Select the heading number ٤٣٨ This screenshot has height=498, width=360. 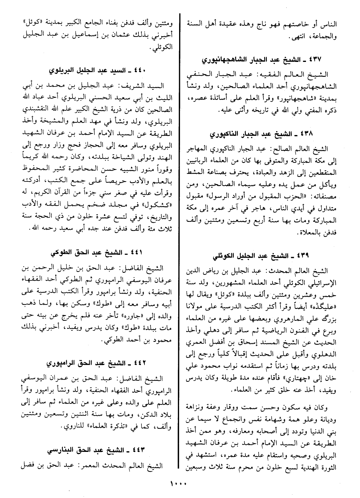[x=307, y=134]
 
